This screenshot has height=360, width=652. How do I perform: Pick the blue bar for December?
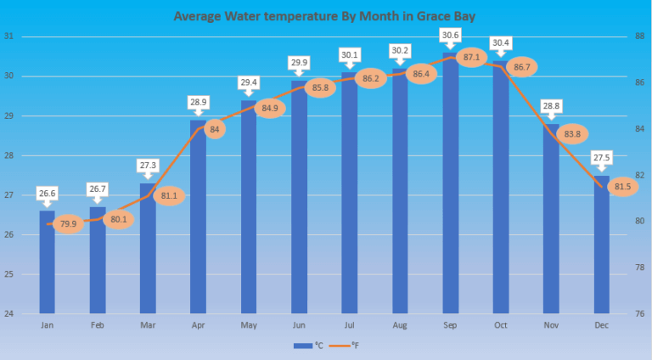pos(601,255)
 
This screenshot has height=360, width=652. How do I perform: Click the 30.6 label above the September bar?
pos(450,35)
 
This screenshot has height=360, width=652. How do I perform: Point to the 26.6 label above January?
pos(47,194)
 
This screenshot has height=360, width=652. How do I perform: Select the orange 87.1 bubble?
pos(471,57)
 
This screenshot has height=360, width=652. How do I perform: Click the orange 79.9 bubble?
pos(67,224)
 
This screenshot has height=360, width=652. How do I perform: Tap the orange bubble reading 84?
pos(215,129)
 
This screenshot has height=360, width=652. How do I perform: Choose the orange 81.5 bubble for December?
pos(622,187)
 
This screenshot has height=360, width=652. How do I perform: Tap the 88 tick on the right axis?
pos(639,37)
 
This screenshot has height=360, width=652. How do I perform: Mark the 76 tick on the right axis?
pos(639,313)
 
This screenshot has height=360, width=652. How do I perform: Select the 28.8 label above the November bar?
pos(551,106)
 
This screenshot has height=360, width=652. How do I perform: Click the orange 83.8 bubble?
pos(571,133)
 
